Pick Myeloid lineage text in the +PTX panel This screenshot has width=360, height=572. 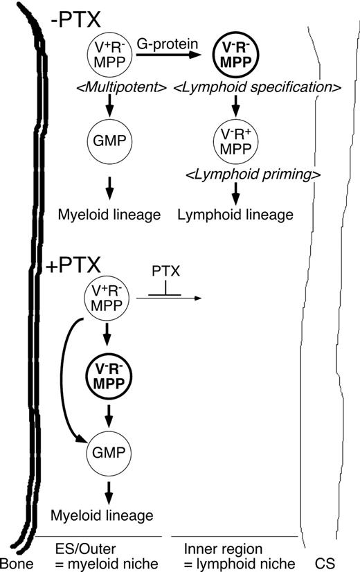(x=101, y=515)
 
